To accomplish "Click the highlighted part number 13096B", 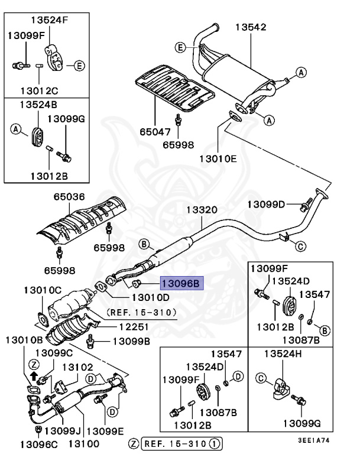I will (x=180, y=283).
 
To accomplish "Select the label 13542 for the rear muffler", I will (x=251, y=27).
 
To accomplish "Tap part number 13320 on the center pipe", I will (x=202, y=210).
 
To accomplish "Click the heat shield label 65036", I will (x=69, y=197).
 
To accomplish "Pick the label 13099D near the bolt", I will (x=266, y=205).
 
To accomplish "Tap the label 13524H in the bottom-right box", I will (x=282, y=354).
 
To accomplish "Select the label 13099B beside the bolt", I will (x=132, y=341).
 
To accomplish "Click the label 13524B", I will (x=37, y=104).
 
